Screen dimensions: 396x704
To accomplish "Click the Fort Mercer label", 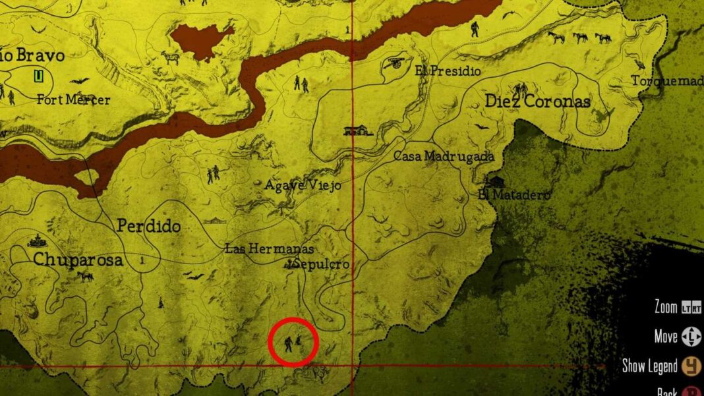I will coord(73,100).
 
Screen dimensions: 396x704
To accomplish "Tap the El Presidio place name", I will coord(448,71).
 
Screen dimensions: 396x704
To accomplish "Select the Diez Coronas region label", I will coord(537,101).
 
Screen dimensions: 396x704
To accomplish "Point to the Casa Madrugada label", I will coord(444,157).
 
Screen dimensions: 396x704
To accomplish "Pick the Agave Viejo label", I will coord(303,186).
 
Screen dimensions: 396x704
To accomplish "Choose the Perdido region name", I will coord(148,226).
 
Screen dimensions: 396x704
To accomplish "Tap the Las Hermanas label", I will coord(269,249).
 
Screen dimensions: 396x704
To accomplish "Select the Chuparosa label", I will coord(78,260).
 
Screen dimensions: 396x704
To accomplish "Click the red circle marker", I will coord(294,341).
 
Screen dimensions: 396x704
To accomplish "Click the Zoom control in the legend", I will coord(666,307).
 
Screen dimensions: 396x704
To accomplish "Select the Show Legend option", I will coord(649,366).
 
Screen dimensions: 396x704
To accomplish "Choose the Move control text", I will coord(666,337).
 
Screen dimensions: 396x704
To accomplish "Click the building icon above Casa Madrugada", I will coord(358,130).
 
